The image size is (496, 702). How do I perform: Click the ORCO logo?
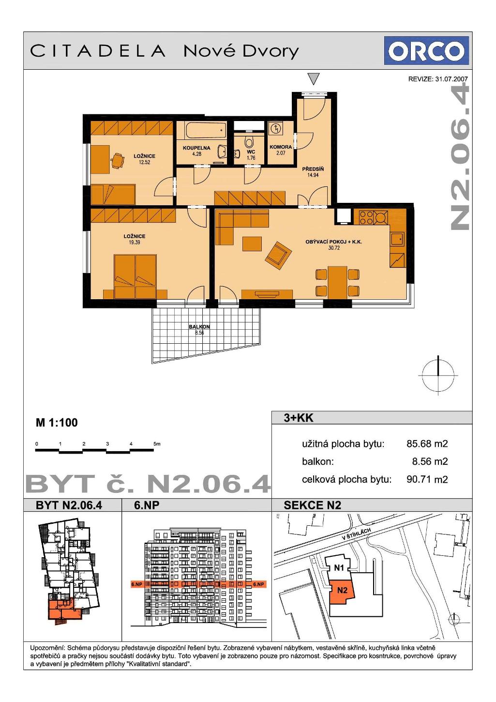(x=426, y=50)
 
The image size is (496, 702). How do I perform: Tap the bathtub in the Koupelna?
(x=206, y=131)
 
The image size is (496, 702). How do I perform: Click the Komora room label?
(x=281, y=147)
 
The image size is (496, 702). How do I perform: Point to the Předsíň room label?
(x=313, y=169)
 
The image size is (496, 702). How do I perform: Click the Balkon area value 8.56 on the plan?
(x=199, y=333)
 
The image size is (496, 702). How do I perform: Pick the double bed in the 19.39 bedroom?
(x=135, y=276)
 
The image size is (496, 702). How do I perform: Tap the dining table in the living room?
(x=337, y=282)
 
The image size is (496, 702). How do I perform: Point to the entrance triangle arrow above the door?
(x=314, y=78)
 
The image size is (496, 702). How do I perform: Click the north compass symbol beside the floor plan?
(x=438, y=375)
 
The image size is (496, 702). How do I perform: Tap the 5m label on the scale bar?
(x=157, y=444)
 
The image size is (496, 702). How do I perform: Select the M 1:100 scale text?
(x=57, y=423)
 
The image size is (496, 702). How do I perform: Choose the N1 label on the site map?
(x=339, y=567)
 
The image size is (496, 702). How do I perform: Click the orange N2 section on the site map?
(x=342, y=591)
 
